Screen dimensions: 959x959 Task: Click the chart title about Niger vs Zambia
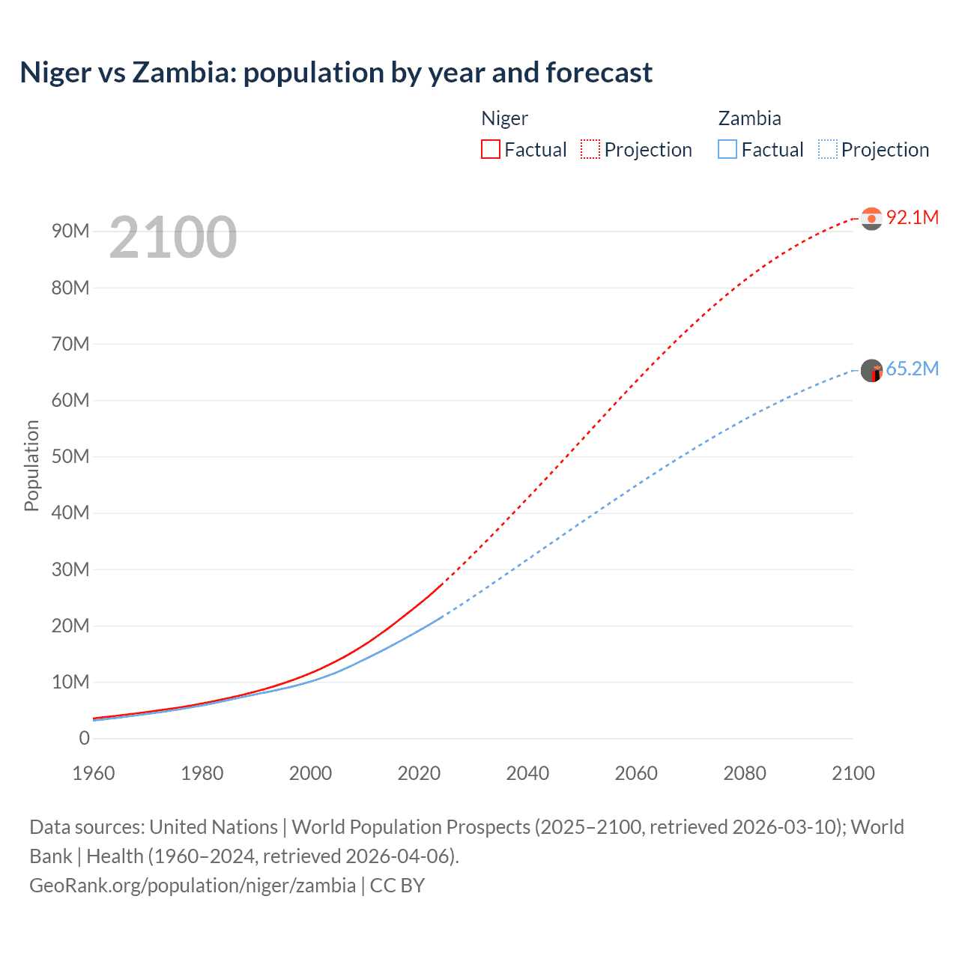click(336, 73)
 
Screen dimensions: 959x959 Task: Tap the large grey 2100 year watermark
click(173, 238)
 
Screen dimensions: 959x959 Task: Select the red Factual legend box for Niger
click(491, 149)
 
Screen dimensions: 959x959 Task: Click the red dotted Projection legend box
click(590, 149)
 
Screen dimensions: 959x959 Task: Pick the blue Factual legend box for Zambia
click(727, 149)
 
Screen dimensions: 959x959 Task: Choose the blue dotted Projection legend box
click(828, 149)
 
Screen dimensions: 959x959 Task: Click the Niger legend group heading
click(504, 118)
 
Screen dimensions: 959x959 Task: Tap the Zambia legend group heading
click(749, 118)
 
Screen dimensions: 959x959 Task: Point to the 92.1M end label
click(912, 217)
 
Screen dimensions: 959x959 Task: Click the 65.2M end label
click(912, 369)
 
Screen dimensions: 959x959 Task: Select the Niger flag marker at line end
click(871, 218)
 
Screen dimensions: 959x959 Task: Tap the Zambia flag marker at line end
click(871, 370)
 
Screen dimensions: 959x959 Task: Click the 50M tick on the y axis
click(70, 456)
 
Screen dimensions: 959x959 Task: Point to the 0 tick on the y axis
click(85, 738)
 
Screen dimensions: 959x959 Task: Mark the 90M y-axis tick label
click(70, 231)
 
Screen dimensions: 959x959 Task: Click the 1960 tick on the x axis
click(94, 773)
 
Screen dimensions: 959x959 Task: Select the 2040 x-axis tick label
click(527, 773)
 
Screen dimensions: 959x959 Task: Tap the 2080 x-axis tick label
click(745, 773)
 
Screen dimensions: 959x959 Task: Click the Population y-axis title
click(31, 465)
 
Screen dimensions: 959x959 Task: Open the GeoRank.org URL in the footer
click(193, 885)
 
